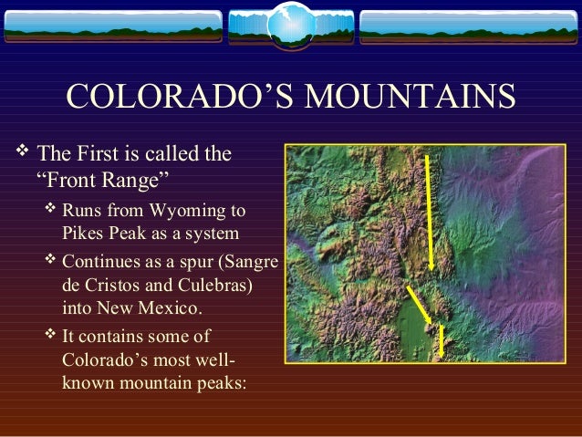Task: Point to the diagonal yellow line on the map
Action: coord(419,307)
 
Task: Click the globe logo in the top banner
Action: coord(290,25)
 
